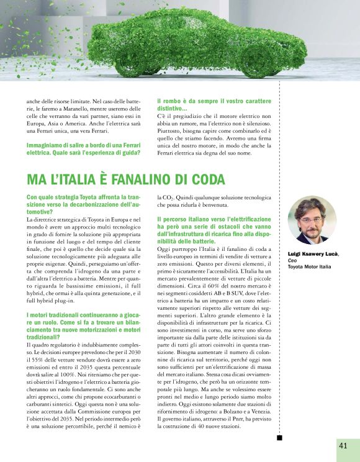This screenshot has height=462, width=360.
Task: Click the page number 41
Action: click(x=343, y=446)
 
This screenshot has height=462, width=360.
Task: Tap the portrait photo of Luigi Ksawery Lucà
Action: click(x=312, y=220)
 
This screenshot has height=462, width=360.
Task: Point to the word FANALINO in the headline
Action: click(x=140, y=179)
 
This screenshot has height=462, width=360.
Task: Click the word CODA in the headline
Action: click(x=205, y=179)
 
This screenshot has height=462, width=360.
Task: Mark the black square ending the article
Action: click(x=279, y=438)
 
